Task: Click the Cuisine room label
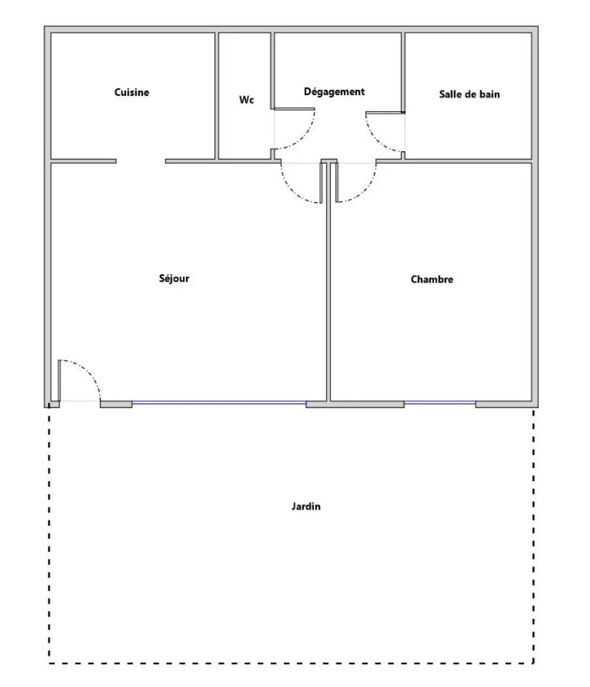click(x=132, y=93)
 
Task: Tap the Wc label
click(x=247, y=100)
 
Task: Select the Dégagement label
click(x=334, y=91)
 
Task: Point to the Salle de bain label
click(x=469, y=95)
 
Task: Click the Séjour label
click(x=174, y=279)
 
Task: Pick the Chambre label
click(x=432, y=280)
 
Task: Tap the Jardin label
click(x=305, y=506)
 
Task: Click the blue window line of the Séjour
click(x=219, y=402)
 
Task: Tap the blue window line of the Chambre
click(x=440, y=402)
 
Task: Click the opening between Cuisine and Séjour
click(x=141, y=161)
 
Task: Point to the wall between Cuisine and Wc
click(x=217, y=96)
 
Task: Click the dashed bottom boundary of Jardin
click(x=291, y=664)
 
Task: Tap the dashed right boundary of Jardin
click(x=533, y=536)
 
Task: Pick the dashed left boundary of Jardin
click(x=49, y=536)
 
